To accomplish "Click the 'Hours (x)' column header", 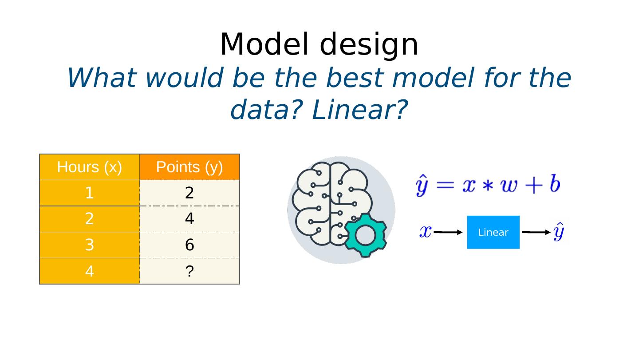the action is (90, 167).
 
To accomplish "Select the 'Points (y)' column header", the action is (189, 167).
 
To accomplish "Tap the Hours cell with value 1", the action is (90, 193).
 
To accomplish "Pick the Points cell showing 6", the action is (189, 245).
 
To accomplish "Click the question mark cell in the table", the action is (189, 271).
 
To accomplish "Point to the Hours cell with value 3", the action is (90, 245).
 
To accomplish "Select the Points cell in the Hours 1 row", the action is (189, 193).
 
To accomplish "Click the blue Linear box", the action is (493, 232).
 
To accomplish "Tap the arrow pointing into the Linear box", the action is (448, 232).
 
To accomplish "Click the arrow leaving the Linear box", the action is (536, 232).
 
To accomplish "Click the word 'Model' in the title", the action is (264, 44).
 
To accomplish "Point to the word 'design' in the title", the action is (369, 46).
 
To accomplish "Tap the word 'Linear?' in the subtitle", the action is (360, 110).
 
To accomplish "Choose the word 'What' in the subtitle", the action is (102, 78).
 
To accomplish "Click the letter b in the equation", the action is (555, 184).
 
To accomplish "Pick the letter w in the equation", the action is (509, 186).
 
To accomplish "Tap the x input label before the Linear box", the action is (425, 232).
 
